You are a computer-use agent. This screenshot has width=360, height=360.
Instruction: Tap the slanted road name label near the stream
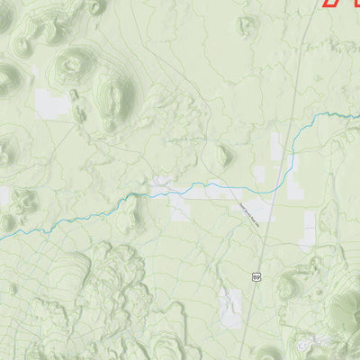[249, 214]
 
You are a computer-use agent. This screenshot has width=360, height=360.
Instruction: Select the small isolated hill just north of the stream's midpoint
[222, 155]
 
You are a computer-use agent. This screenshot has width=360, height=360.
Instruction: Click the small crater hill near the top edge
[245, 25]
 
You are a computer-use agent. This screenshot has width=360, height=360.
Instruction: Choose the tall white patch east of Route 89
[309, 229]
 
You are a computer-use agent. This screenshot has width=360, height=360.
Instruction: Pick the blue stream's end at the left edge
[2, 238]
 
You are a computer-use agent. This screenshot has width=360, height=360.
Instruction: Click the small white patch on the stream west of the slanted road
[163, 185]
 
